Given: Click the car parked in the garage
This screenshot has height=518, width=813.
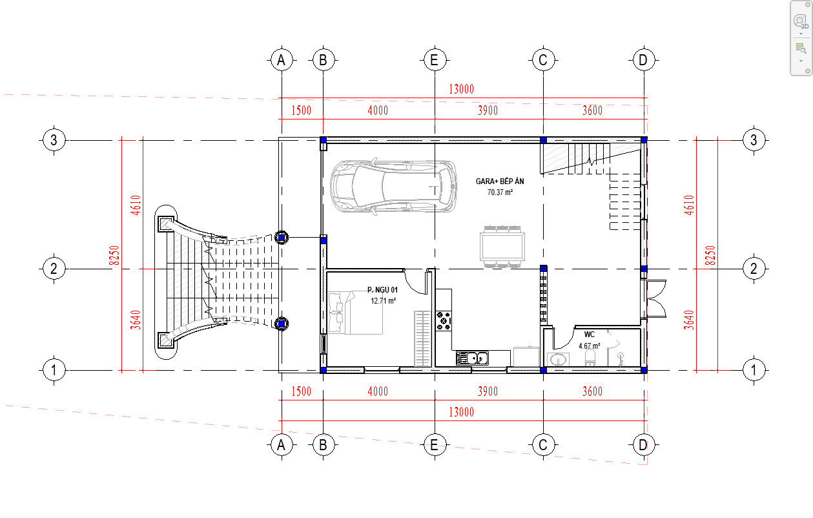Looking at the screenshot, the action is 393,186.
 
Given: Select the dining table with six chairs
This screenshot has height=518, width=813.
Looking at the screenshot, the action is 502,247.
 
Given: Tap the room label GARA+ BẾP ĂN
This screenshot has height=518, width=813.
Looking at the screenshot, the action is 500,181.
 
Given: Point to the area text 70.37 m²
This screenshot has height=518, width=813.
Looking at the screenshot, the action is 500,192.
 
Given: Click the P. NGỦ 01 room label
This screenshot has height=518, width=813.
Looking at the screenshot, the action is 382,289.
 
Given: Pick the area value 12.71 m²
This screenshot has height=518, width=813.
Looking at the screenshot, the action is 383,300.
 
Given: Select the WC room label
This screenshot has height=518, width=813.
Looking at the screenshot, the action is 590,335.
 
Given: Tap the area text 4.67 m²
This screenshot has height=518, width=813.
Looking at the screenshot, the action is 590,346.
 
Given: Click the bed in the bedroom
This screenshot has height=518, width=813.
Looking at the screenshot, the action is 355,313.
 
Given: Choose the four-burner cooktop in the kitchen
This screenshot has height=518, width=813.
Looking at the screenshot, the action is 444,321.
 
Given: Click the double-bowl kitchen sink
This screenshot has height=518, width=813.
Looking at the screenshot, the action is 472,358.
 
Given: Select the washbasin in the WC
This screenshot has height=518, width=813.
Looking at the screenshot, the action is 558,359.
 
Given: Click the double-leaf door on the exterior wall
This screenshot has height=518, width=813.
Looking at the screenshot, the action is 655,299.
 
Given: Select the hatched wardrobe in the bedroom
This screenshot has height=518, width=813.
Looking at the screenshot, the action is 422,338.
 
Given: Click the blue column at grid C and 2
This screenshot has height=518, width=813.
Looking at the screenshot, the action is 543,269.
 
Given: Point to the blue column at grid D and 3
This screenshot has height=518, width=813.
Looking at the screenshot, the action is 644,140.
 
